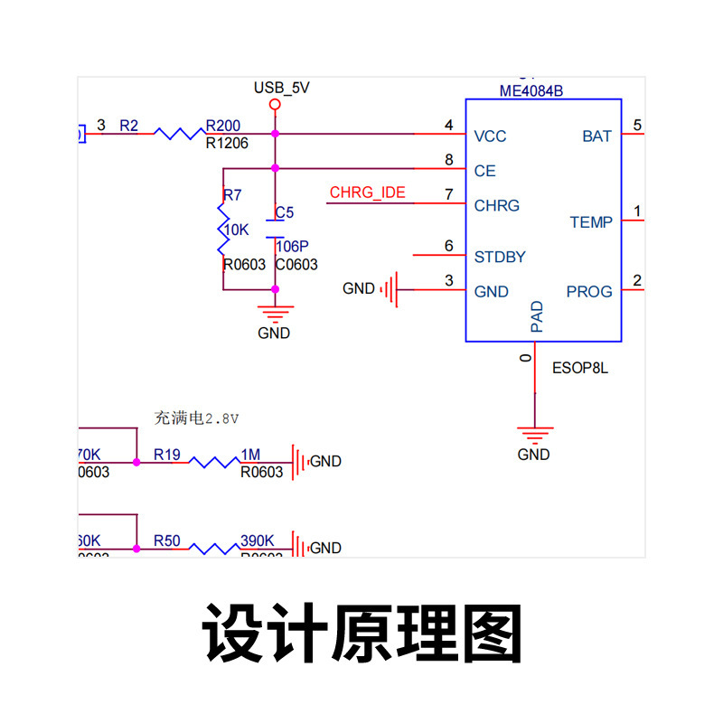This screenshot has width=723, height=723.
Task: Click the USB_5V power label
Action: click(282, 88)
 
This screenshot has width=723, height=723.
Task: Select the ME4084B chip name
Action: click(531, 91)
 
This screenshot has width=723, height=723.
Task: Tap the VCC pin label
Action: click(490, 136)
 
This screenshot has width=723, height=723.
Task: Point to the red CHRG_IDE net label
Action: click(367, 192)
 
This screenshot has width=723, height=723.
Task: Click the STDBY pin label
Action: click(500, 257)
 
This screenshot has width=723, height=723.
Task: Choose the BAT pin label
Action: click(596, 136)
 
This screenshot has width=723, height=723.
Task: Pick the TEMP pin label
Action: click(591, 222)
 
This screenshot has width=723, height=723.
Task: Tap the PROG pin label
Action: click(589, 292)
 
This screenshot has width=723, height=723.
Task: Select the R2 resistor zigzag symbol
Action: click(179, 134)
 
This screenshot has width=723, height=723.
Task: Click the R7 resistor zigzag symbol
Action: click(222, 230)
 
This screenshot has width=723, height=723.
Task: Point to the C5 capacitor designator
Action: click(285, 212)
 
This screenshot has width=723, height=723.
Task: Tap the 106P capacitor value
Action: click(292, 247)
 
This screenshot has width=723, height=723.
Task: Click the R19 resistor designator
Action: click(167, 455)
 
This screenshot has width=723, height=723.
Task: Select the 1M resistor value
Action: click(250, 455)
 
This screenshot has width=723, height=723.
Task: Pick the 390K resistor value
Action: click(257, 541)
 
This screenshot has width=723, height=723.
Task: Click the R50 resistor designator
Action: click(167, 541)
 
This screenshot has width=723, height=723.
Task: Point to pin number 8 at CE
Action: click(448, 160)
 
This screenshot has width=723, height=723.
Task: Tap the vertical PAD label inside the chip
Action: click(537, 317)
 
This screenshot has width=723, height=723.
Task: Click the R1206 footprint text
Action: click(227, 143)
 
